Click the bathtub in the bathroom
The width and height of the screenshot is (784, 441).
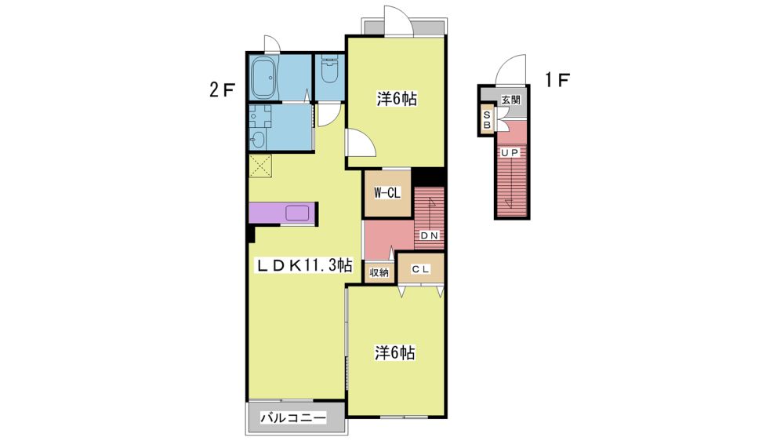tap(265, 78)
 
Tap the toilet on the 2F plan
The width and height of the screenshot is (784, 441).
tap(329, 70)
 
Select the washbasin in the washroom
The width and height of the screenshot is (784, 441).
tap(257, 140)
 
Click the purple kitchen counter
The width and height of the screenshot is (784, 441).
tap(282, 213)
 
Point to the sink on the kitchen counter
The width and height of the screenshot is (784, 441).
tap(298, 213)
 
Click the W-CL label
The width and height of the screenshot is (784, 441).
tap(387, 193)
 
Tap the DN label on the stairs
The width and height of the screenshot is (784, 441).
tap(429, 235)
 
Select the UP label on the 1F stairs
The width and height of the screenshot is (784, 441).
tap(510, 153)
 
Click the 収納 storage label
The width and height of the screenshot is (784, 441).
tap(379, 273)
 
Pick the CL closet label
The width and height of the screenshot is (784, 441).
tap(420, 269)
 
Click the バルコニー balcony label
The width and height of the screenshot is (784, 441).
tap(293, 417)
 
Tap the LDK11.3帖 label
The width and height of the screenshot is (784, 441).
tap(304, 264)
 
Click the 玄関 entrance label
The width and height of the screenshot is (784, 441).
tap(510, 100)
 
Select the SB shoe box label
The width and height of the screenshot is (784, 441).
tap(487, 119)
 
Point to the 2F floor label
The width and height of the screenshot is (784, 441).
tap(222, 90)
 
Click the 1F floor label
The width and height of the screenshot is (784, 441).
tap(557, 79)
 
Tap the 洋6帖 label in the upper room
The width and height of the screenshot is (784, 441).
tap(397, 99)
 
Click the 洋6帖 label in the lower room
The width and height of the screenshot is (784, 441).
tap(395, 353)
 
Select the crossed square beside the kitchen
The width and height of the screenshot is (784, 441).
tap(260, 166)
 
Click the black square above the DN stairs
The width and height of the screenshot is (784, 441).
tap(428, 177)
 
